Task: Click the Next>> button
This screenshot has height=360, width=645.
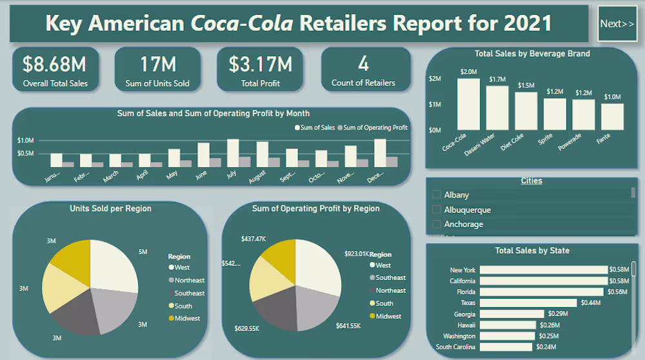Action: [x=617, y=24]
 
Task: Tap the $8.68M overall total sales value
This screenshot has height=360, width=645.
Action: [x=55, y=64]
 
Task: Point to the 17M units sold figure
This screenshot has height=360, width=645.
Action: [x=158, y=64]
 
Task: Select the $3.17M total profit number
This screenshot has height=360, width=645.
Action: [x=261, y=64]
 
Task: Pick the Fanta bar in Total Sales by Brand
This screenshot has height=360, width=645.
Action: [x=612, y=117]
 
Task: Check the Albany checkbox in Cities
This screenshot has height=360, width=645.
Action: [x=437, y=195]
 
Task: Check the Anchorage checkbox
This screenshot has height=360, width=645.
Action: [x=437, y=225]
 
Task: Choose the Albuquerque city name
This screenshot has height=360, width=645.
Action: [x=467, y=210]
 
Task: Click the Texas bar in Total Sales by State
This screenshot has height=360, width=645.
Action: [x=528, y=303]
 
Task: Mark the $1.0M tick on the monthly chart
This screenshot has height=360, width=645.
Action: [x=26, y=140]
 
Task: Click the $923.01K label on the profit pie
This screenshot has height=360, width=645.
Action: [x=357, y=254]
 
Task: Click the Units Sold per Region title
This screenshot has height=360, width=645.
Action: [x=110, y=208]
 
